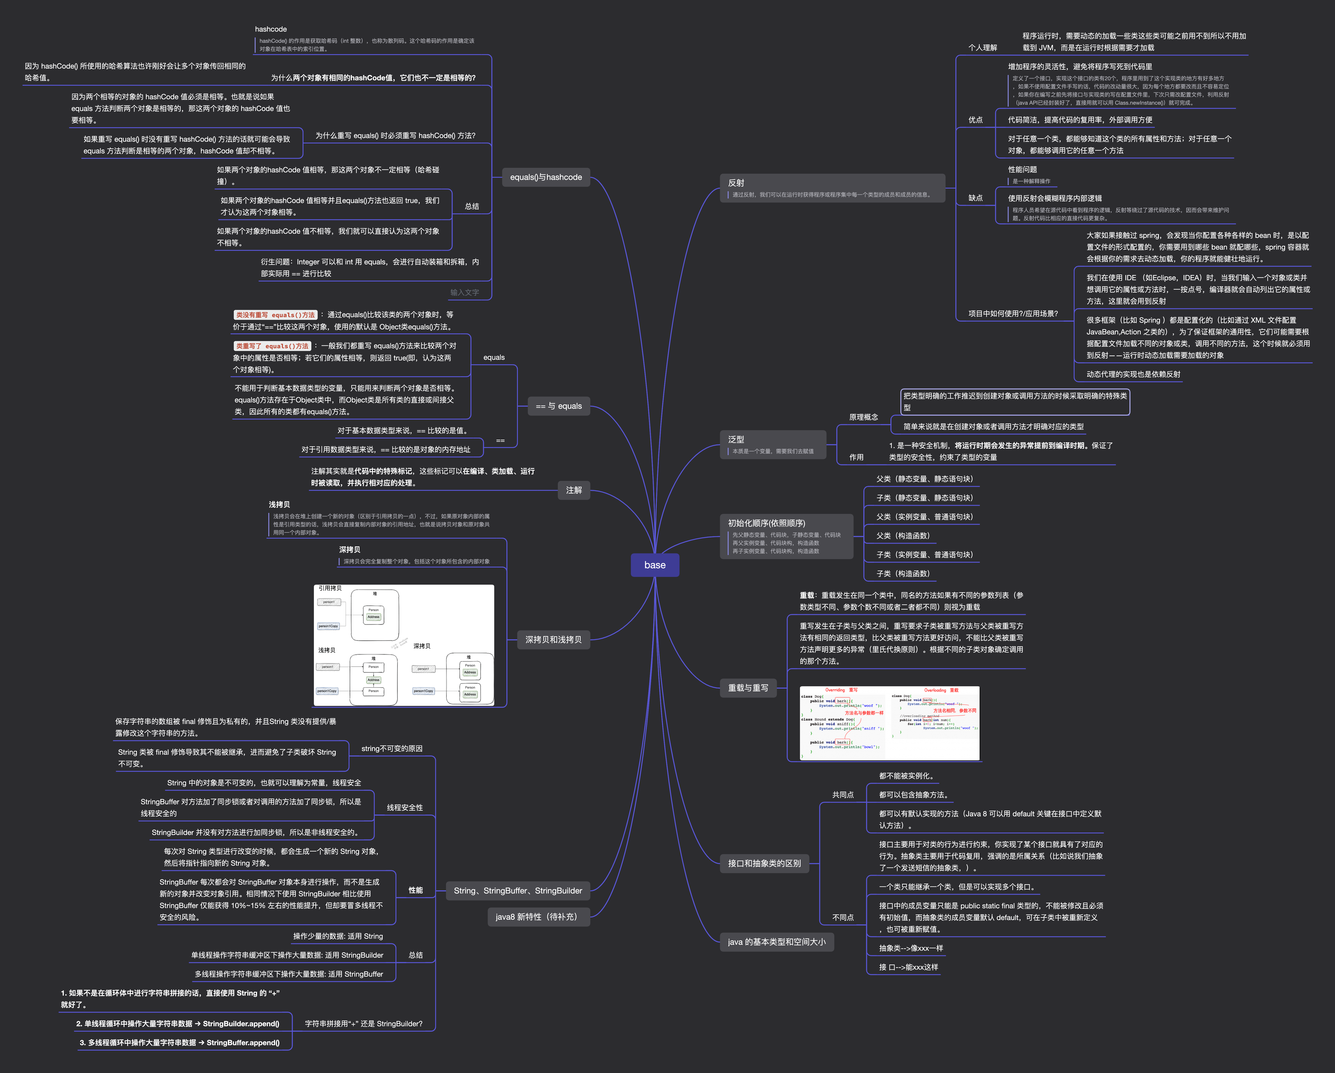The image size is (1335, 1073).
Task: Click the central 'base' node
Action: click(655, 565)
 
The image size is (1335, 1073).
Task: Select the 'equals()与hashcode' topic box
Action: click(545, 177)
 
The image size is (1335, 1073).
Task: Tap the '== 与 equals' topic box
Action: click(558, 406)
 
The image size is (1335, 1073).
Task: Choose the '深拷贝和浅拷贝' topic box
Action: click(553, 639)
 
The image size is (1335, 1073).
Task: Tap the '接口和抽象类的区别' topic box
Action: click(764, 863)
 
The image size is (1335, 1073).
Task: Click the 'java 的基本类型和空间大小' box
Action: click(777, 942)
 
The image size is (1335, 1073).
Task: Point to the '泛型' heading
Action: click(736, 439)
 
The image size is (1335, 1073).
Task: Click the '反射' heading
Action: click(736, 183)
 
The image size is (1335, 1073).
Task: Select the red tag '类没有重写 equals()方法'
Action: click(275, 315)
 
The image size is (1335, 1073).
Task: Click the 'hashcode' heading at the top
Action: click(271, 29)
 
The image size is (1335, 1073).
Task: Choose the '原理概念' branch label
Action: click(863, 417)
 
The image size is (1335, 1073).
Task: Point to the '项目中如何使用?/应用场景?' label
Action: click(1013, 314)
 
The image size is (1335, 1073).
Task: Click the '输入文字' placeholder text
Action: click(464, 292)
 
